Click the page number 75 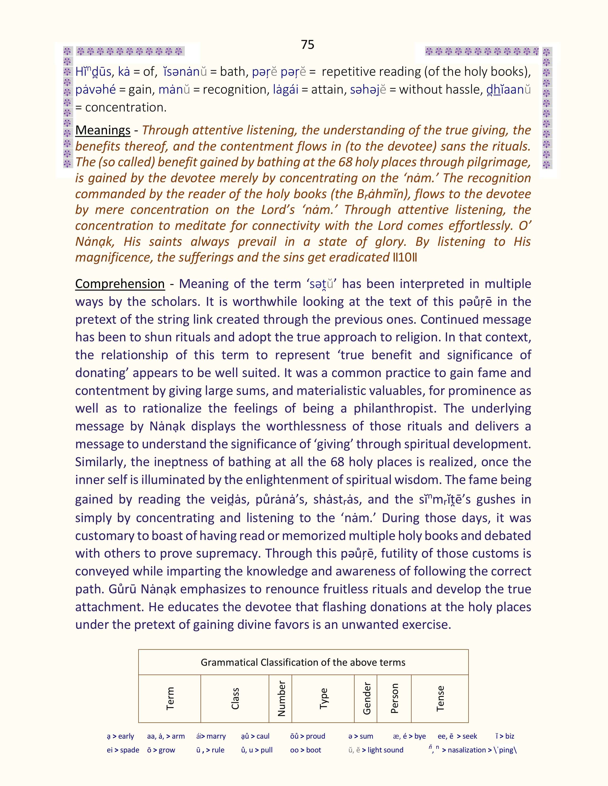307,45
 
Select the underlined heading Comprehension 120,284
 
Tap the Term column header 170,699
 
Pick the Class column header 235,699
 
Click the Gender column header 366,699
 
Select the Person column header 394,699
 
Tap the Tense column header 440,699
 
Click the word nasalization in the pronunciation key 466,750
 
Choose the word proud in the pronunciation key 316,736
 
